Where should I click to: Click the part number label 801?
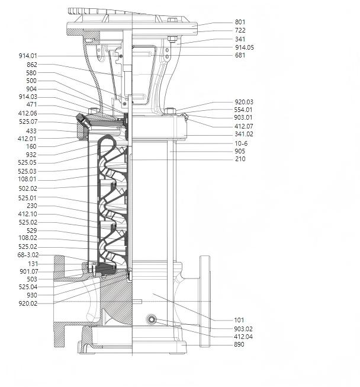point(240,22)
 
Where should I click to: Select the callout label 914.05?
point(244,47)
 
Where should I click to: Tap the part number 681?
point(240,55)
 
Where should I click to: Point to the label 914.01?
point(28,56)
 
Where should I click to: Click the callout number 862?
point(32,65)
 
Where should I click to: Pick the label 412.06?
point(27,113)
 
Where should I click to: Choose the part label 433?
point(31,131)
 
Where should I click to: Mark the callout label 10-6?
point(241,143)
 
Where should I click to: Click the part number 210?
point(240,159)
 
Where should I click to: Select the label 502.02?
point(28,188)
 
